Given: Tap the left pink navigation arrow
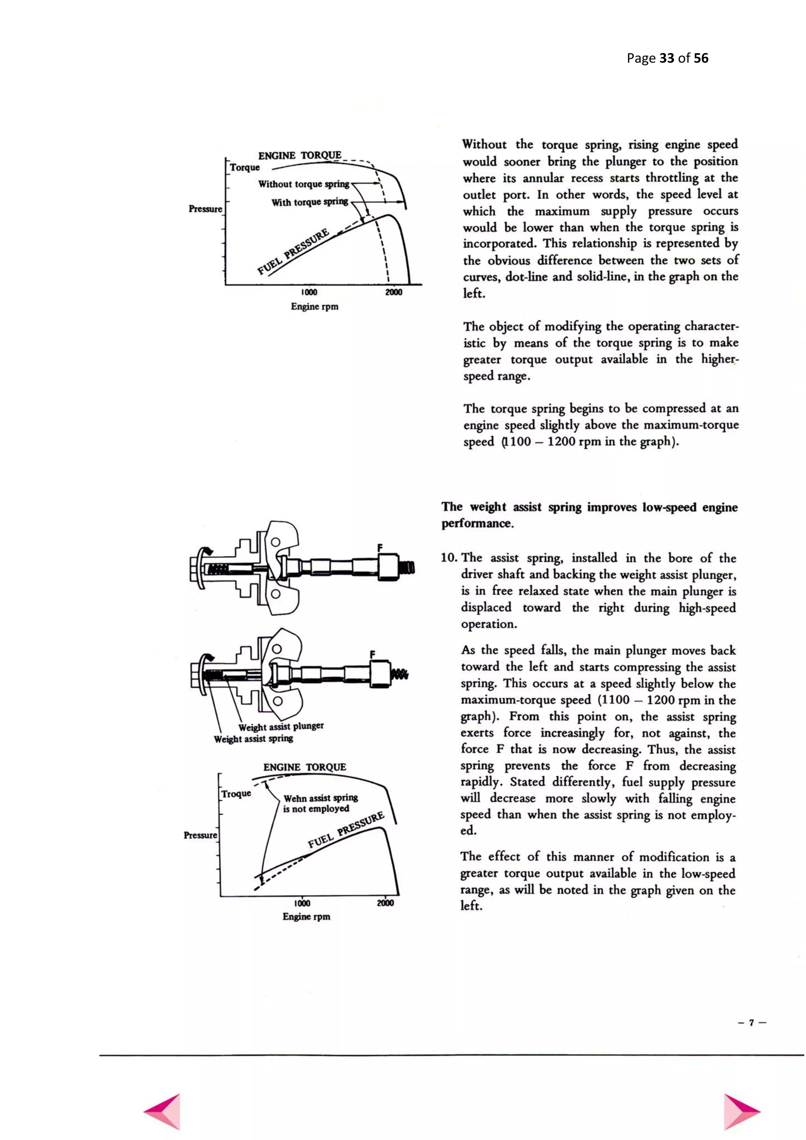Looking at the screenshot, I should coord(164,1111).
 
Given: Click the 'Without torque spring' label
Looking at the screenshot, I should coord(303,184).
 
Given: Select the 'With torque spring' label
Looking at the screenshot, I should coord(310,203).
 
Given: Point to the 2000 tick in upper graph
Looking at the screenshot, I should coord(394,292).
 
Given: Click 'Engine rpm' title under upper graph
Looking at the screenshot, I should coord(315,306).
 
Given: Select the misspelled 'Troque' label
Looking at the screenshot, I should coord(236,794).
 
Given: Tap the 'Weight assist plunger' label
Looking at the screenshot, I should coord(281,726).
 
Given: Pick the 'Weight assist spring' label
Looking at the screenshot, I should coord(253,739).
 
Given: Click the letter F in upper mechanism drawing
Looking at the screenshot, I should coord(380,548).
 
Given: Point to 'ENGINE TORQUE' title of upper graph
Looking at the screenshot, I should coord(300,155).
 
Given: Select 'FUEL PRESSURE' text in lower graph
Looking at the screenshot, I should coord(346,830).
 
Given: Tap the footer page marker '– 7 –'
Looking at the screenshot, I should coord(752,1023).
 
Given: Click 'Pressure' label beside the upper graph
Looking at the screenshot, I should coord(205,209).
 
